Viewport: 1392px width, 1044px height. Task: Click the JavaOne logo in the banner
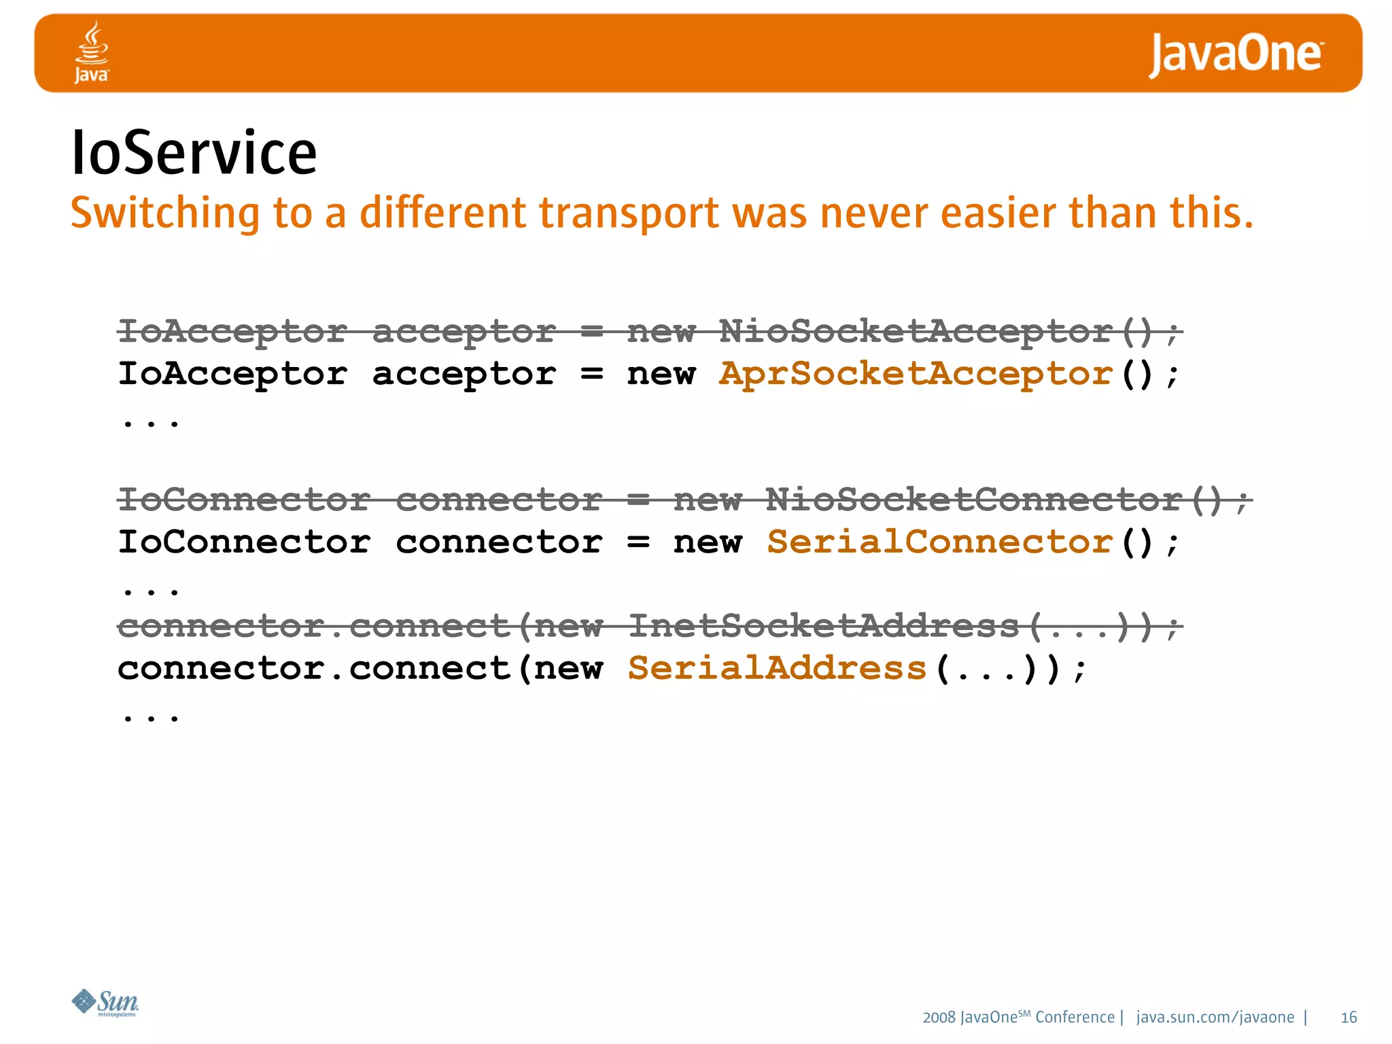coord(1236,54)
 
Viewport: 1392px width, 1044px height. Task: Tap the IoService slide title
coord(194,153)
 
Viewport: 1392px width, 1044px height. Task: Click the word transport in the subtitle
coord(629,213)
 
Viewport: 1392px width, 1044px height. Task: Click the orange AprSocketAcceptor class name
coord(916,374)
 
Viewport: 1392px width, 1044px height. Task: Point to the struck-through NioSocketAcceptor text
coord(916,332)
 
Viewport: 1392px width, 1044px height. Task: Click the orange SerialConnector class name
coord(939,542)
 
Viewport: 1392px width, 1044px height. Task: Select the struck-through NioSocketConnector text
coord(973,500)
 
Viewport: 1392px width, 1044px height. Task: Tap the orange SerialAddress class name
coord(777,668)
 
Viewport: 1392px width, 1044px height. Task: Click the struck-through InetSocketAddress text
coord(823,626)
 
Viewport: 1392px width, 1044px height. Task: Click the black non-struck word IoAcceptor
coord(232,374)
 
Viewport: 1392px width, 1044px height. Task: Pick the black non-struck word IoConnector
coord(244,542)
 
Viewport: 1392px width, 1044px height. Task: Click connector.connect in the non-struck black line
coord(314,668)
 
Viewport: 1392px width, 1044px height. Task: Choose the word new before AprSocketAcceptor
coord(661,374)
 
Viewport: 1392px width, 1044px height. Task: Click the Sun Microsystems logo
coord(105,1002)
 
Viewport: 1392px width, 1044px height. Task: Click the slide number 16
coord(1348,1017)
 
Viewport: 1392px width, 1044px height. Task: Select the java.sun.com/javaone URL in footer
coord(1215,1017)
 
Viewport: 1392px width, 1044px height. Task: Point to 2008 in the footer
coord(939,1017)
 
